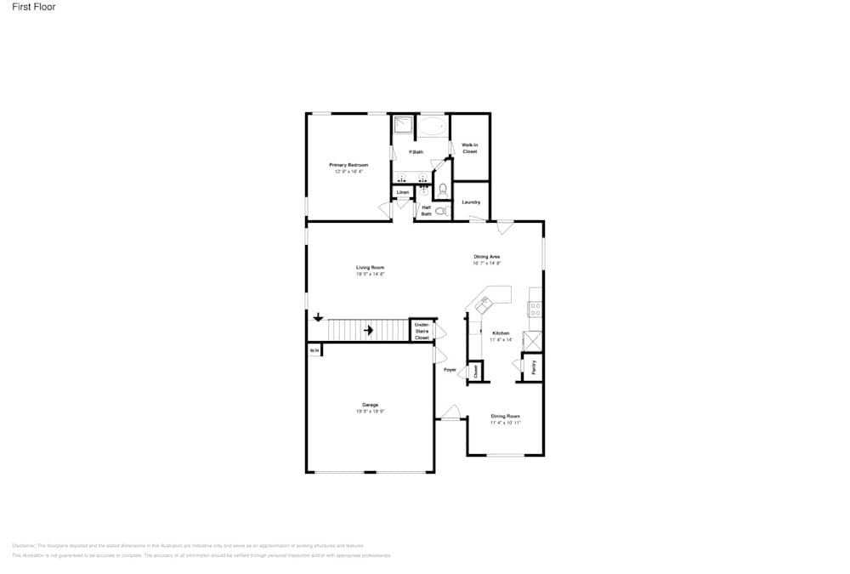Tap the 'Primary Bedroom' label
(348, 164)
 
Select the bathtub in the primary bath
(433, 128)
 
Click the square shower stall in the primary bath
(403, 127)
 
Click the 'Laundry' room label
(471, 202)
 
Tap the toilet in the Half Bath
(442, 210)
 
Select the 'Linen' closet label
(403, 193)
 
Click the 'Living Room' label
(371, 268)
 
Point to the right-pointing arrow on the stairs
(370, 330)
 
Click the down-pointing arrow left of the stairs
(318, 318)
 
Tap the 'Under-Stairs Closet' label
(422, 332)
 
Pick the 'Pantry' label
(534, 367)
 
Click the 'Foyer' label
(450, 370)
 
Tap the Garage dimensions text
(371, 412)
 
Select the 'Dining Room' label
(505, 416)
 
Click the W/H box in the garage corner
(313, 350)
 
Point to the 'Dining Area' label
(487, 256)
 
